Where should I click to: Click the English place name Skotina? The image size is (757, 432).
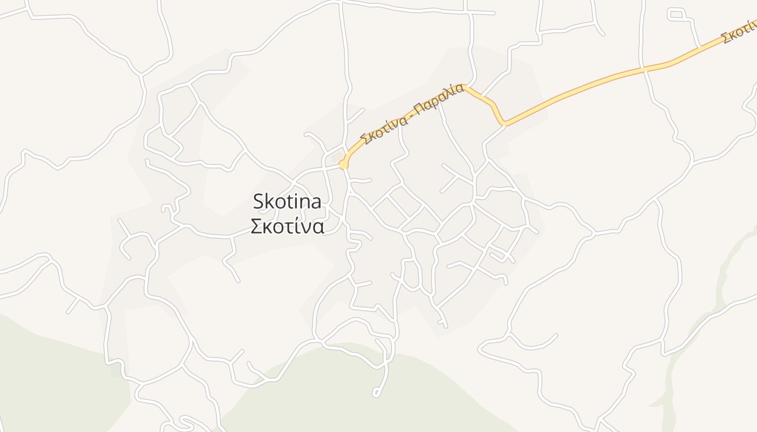(287, 202)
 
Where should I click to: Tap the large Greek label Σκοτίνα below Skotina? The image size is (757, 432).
(287, 226)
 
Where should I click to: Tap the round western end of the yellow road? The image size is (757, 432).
(342, 164)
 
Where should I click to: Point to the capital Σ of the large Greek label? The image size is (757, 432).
(257, 226)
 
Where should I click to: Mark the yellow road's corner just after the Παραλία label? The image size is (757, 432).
(466, 86)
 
